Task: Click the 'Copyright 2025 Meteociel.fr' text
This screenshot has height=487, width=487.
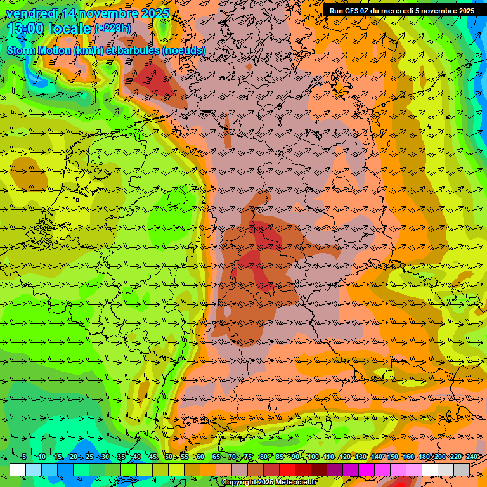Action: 269,483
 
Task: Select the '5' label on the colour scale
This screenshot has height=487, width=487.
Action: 24,457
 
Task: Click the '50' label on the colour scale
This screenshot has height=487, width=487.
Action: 168,457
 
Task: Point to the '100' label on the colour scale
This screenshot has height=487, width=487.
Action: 313,457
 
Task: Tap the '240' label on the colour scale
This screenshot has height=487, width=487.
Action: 472,457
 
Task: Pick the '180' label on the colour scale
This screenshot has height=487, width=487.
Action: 424,457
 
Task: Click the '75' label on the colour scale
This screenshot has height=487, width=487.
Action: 248,457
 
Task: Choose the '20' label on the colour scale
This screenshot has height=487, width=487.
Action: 73,457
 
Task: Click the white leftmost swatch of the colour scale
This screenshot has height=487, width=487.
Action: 18,469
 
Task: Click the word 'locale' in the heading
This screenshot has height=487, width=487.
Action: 70,29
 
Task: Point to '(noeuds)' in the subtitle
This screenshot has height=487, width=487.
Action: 184,50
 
